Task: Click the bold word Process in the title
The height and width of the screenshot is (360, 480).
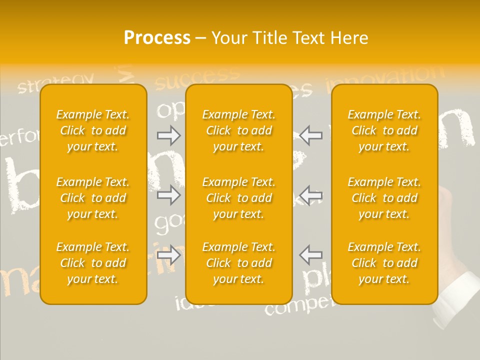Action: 157,38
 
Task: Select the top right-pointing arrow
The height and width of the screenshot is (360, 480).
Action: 169,135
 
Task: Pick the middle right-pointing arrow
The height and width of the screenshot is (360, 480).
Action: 169,195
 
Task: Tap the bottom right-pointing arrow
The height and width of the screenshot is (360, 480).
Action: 169,255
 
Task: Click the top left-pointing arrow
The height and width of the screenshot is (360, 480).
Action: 310,135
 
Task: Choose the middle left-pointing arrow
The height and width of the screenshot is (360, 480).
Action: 310,195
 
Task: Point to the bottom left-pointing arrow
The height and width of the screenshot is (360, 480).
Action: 310,255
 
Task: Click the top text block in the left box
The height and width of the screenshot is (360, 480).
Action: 93,130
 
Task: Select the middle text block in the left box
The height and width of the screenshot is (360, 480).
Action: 93,198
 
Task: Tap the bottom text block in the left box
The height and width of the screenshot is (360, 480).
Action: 93,263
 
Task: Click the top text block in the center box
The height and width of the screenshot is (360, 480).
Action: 238,130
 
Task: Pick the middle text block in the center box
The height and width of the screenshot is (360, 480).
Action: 238,198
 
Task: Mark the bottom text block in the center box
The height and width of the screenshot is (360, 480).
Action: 238,263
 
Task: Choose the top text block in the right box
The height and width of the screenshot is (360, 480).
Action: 384,130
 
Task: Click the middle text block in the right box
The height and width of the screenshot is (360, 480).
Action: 384,198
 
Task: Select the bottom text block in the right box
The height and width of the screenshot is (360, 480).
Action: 384,263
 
